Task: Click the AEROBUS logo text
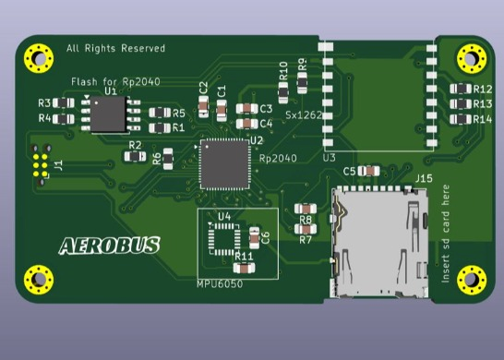point(109,246)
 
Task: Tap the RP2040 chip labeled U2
point(224,164)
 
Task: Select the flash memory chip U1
point(108,114)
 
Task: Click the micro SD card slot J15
point(379,242)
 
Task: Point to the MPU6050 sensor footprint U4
point(224,239)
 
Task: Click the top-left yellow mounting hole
point(39,58)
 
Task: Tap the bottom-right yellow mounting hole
point(472,280)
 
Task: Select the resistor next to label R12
point(461,89)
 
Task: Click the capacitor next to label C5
point(368,171)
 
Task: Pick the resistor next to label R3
point(64,103)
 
